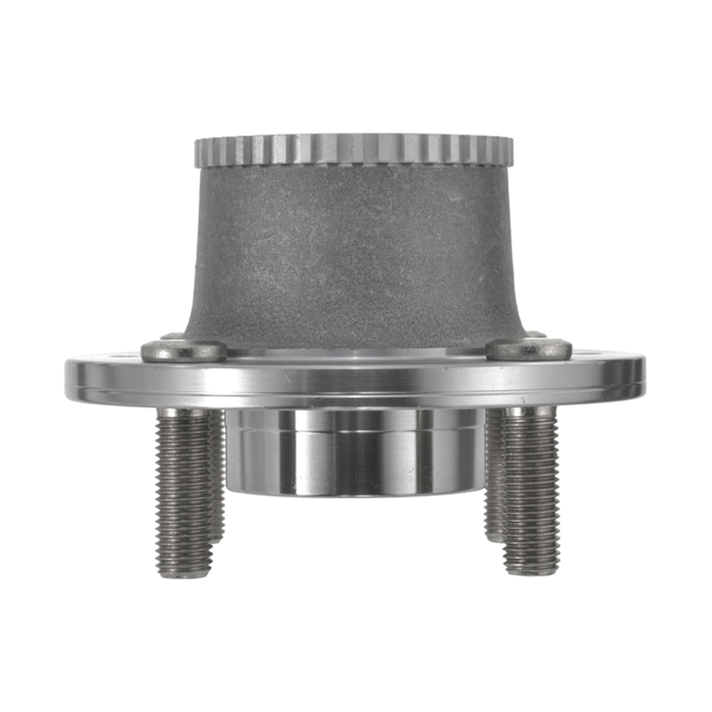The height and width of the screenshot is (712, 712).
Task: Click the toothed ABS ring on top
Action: pos(354,151)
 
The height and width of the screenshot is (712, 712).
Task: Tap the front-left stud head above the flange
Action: pos(184,351)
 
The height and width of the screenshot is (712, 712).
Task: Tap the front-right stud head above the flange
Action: pos(529,350)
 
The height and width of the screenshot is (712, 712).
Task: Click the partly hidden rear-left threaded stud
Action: pos(218,475)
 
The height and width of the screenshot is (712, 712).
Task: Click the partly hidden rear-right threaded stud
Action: pos(494,475)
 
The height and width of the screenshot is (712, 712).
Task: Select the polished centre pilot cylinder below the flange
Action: pos(354,451)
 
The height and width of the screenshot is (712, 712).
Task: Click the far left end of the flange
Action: pos(68,377)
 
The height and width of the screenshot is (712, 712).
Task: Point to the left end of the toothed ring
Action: pos(197,152)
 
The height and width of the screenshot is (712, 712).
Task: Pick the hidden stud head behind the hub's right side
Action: pos(535,334)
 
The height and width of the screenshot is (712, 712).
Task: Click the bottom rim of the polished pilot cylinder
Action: pos(354,494)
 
